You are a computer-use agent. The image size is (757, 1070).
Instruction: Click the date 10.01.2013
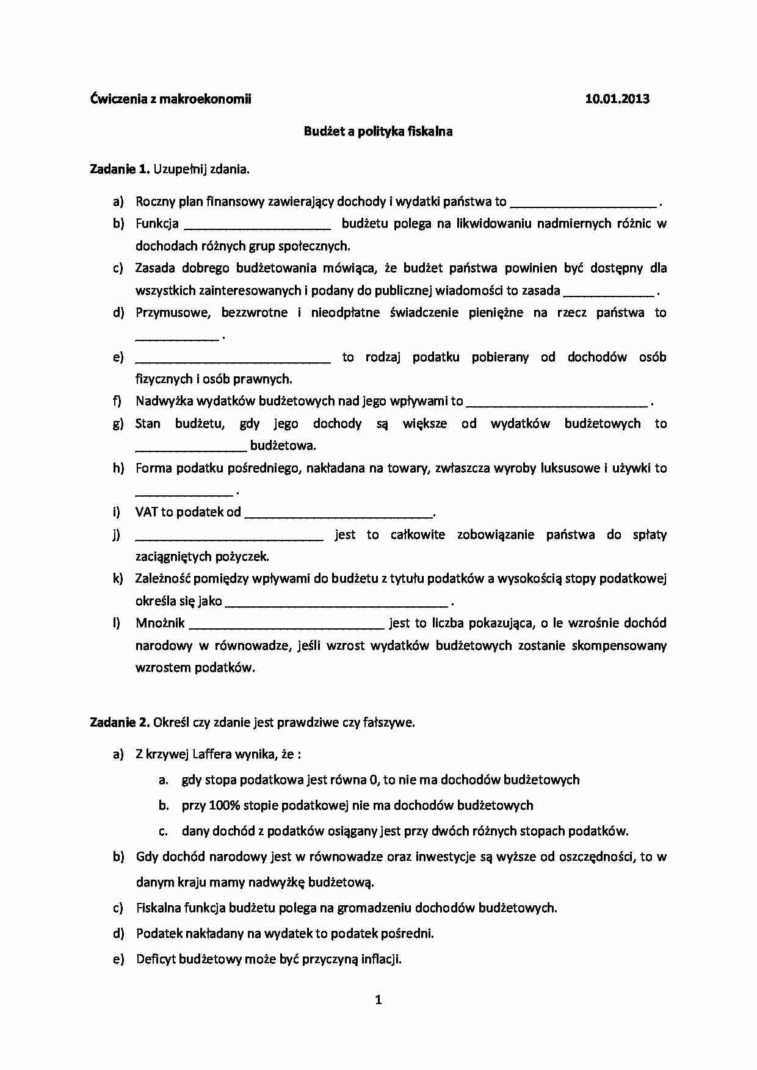click(617, 99)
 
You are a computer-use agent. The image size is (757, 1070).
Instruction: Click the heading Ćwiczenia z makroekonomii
click(170, 99)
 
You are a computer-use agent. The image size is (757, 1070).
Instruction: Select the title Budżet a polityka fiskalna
click(378, 131)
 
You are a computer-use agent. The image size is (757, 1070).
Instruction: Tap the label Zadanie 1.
click(120, 170)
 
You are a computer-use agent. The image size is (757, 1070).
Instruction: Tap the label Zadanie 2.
click(120, 722)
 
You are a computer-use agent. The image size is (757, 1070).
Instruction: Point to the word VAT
click(147, 512)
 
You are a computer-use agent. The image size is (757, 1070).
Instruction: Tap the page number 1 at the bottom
click(378, 999)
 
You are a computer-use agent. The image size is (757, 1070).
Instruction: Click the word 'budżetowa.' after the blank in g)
click(283, 445)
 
